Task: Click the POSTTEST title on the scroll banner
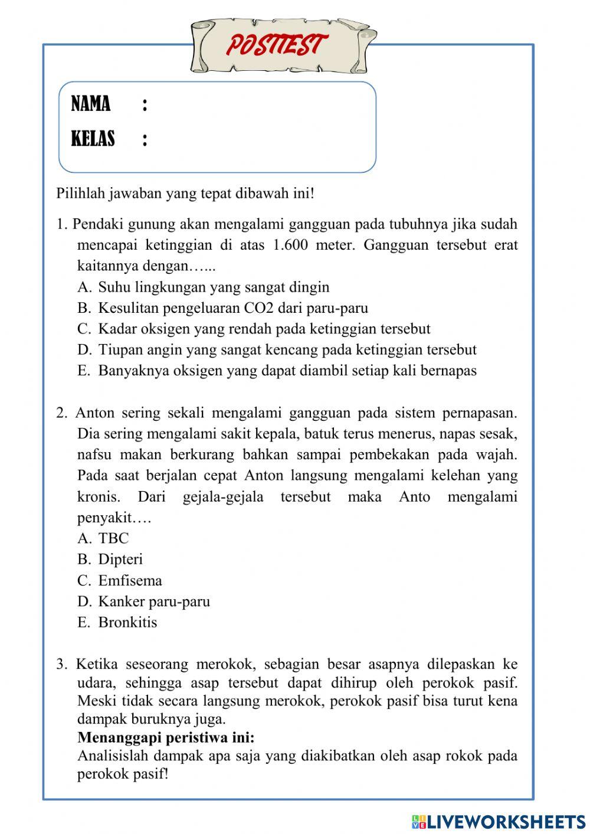tap(276, 45)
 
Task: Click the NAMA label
tap(91, 104)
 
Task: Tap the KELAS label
tap(93, 139)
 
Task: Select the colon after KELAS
tap(145, 139)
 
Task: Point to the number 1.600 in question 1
tap(291, 245)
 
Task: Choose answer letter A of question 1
tap(84, 287)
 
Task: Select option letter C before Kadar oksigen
tap(84, 329)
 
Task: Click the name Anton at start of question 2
tap(95, 413)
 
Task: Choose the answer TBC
tap(113, 538)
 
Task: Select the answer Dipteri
tap(120, 560)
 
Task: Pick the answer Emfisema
tap(130, 581)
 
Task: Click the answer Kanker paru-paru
tap(154, 601)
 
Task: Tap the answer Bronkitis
tap(127, 622)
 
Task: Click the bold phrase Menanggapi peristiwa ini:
tap(166, 738)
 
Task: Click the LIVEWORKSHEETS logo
tap(499, 821)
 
